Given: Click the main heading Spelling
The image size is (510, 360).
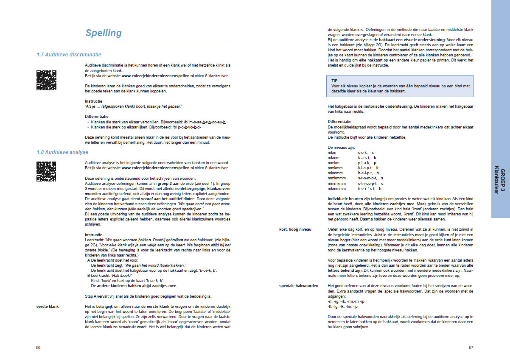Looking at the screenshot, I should click(x=104, y=33).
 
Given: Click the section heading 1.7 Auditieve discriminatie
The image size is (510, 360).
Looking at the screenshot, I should click(x=69, y=55).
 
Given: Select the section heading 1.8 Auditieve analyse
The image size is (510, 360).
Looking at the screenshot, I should click(x=62, y=152).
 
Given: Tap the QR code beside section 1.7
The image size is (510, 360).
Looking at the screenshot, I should click(x=46, y=81).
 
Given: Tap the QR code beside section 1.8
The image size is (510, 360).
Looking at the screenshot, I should click(x=46, y=172).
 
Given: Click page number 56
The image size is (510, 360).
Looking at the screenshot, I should click(x=39, y=347).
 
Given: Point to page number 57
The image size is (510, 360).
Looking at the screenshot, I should click(x=471, y=347).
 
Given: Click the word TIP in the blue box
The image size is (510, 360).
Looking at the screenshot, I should click(x=335, y=80).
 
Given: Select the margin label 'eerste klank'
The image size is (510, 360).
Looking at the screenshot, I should click(x=48, y=306).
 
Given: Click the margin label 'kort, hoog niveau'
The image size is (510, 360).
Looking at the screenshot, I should click(x=295, y=229).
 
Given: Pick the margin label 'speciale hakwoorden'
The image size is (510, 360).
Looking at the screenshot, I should click(x=299, y=285).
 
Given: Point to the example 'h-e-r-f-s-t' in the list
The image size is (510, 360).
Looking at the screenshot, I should click(x=368, y=189).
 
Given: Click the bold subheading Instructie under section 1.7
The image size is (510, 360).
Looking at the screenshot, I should click(x=93, y=101).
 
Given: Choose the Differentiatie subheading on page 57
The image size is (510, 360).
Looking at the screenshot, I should click(x=339, y=121).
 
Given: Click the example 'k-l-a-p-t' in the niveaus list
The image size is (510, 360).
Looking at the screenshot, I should click(x=365, y=167).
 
